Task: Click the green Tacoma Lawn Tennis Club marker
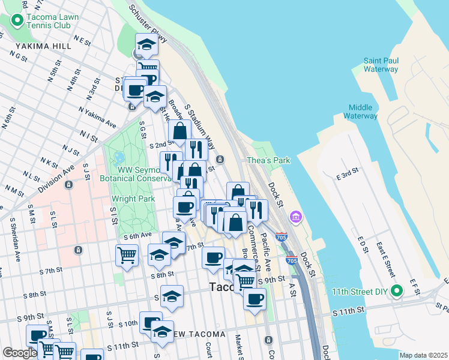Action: click(17, 21)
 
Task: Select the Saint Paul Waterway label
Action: click(381, 65)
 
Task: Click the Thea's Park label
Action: click(268, 160)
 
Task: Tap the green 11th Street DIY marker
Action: click(396, 292)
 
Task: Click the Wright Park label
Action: click(133, 199)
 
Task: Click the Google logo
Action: click(20, 353)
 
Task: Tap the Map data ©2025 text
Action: click(423, 355)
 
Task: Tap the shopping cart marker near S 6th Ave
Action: click(127, 255)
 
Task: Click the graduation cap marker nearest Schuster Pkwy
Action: click(146, 44)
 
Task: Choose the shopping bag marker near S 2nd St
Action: click(179, 130)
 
